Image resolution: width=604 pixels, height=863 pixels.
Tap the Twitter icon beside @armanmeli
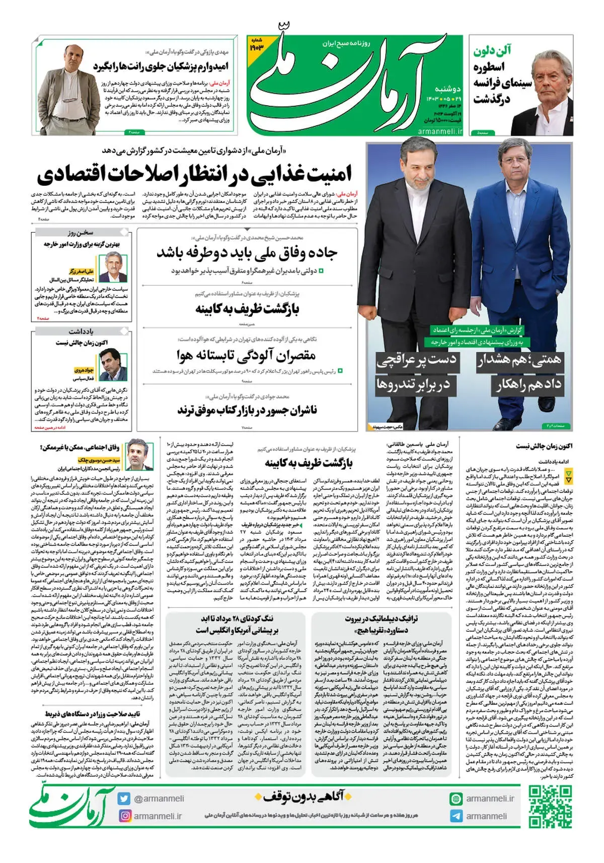point(124,799)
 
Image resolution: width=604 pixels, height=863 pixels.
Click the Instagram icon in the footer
point(124,816)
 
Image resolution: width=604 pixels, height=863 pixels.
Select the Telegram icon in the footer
point(456,816)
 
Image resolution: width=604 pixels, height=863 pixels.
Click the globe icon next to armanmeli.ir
point(456,799)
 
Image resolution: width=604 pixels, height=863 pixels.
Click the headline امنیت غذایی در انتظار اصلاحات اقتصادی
point(194,174)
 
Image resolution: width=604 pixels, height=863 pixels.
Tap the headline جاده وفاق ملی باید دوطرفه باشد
point(247,253)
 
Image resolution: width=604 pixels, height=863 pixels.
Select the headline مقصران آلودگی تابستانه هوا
point(246,355)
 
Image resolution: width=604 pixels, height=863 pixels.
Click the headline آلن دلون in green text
point(492,51)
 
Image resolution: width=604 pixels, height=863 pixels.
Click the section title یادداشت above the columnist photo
point(81,332)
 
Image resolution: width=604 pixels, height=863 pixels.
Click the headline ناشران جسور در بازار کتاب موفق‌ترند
point(247,410)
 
